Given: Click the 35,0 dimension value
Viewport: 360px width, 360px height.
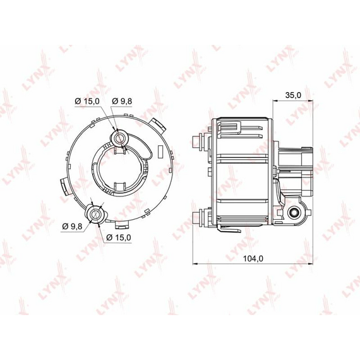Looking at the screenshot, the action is [x=293, y=95].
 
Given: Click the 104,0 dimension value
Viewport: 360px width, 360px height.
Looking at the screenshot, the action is [x=253, y=258].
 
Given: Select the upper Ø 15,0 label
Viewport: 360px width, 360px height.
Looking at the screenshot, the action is [x=87, y=101].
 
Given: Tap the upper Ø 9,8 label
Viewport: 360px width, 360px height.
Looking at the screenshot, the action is [x=122, y=101].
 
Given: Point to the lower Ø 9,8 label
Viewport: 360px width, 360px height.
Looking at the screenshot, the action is [x=72, y=226].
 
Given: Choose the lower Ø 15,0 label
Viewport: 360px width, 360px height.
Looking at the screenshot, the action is [x=119, y=237].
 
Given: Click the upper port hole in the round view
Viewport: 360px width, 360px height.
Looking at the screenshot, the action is [x=119, y=138].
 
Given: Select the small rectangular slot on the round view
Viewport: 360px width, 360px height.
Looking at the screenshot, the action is [x=160, y=152].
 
